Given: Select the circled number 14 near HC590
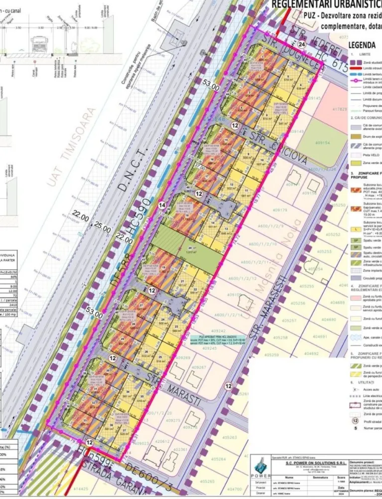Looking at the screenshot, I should [x=161, y=205].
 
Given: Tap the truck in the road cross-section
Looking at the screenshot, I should [x=39, y=44].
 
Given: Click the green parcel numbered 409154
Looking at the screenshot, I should [x=320, y=143].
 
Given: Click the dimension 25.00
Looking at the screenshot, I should [x=103, y=229].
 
